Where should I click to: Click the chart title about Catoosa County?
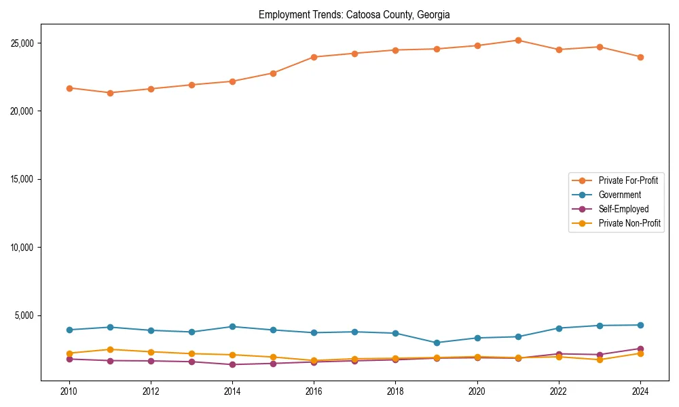pos(354,14)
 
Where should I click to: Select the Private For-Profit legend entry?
pos(623,180)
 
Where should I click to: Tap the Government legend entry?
pos(619,195)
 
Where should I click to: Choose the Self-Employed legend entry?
pos(623,209)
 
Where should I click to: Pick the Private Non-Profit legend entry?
pos(629,223)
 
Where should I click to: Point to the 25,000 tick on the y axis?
pos(24,43)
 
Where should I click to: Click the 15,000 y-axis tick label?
pos(24,179)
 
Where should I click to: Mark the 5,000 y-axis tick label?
pos(26,315)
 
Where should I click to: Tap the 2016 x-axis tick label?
pos(314,391)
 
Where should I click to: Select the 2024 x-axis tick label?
pos(640,391)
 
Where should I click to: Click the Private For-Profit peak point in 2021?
pos(518,40)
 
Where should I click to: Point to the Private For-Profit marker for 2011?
pos(110,93)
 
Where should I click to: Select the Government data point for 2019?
pos(437,343)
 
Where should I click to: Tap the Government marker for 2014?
pos(232,326)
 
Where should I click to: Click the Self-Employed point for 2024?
pos(640,349)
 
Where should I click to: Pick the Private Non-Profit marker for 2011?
pos(110,349)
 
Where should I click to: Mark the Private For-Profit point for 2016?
pos(314,57)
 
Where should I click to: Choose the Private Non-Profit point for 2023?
pos(600,360)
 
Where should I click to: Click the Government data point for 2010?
pos(69,330)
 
